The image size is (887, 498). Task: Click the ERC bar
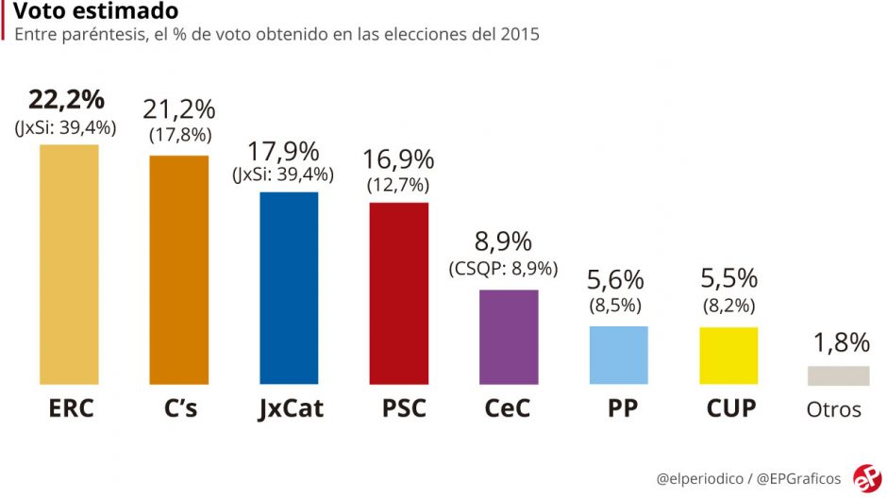point(69,264)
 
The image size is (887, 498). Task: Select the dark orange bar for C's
point(179,270)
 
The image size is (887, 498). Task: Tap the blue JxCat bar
point(289,288)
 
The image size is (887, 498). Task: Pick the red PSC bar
point(398,293)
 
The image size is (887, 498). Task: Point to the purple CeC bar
point(509,337)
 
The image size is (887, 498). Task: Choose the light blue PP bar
point(618,355)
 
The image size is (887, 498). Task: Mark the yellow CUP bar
point(728,356)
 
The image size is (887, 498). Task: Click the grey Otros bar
point(838,375)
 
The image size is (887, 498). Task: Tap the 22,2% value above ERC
point(66,100)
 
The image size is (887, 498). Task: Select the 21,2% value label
point(179,109)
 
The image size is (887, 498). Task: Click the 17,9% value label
point(283,151)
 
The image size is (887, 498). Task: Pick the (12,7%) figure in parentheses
point(397,185)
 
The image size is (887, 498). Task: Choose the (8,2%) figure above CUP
point(728,305)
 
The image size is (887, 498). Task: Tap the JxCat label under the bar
point(290,409)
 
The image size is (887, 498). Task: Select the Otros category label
point(834,409)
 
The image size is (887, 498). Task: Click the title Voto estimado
point(95,11)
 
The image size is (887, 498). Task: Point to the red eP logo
point(866,476)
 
